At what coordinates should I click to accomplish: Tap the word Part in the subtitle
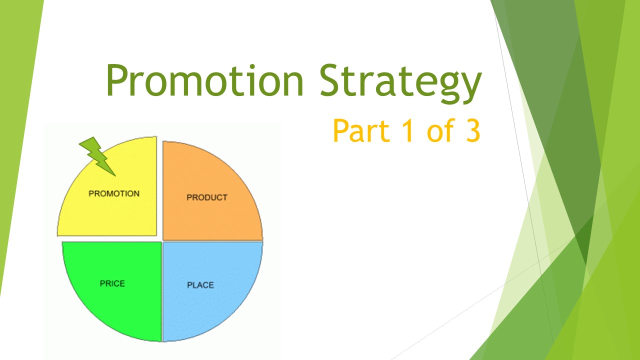[x=360, y=130]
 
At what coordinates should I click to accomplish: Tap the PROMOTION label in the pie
[x=114, y=193]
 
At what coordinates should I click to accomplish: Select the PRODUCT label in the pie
[x=207, y=197]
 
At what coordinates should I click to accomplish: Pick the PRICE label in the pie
[x=112, y=283]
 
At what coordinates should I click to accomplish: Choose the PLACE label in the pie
[x=200, y=285]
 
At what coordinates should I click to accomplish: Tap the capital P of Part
[x=341, y=130]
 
